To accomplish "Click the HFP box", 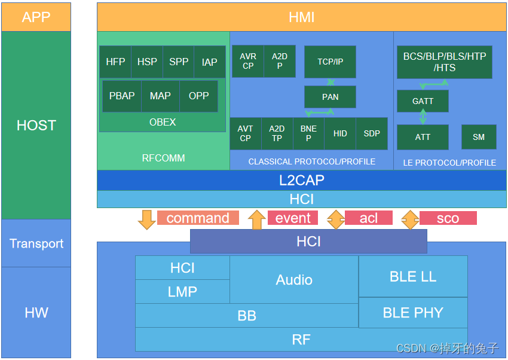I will pyautogui.click(x=115, y=62).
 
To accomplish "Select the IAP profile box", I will pyautogui.click(x=210, y=62).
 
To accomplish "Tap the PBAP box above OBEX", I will pyautogui.click(x=122, y=96).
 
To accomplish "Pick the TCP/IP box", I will pyautogui.click(x=330, y=62).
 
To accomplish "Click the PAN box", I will pyautogui.click(x=330, y=96).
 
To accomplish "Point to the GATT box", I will pyautogui.click(x=423, y=101).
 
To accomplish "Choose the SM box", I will pyautogui.click(x=479, y=137).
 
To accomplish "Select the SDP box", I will pyautogui.click(x=372, y=133).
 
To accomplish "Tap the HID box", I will pyautogui.click(x=340, y=133).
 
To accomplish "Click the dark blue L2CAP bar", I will pyautogui.click(x=302, y=180).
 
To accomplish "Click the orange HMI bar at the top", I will pyautogui.click(x=302, y=17).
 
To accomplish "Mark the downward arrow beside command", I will pyautogui.click(x=146, y=219).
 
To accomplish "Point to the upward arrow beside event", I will pyautogui.click(x=256, y=219).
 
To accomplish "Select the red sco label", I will pyautogui.click(x=448, y=218).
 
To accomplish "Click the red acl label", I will pyautogui.click(x=369, y=218).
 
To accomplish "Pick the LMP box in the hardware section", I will pyautogui.click(x=182, y=291).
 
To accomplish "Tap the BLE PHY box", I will pyautogui.click(x=413, y=313).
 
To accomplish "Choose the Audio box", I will pyautogui.click(x=294, y=279).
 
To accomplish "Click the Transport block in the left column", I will pyautogui.click(x=36, y=243).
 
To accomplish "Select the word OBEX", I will pyautogui.click(x=163, y=122).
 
